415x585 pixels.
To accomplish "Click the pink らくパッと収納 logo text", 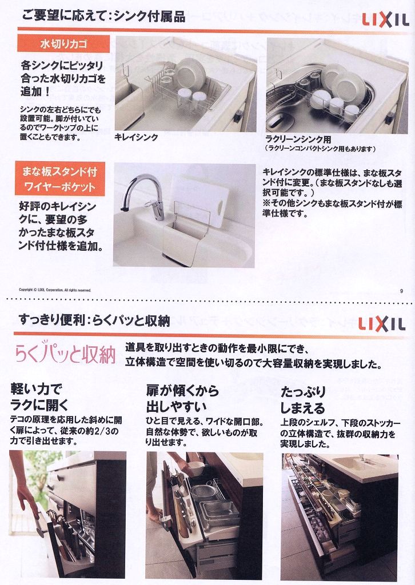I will click(65, 355).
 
